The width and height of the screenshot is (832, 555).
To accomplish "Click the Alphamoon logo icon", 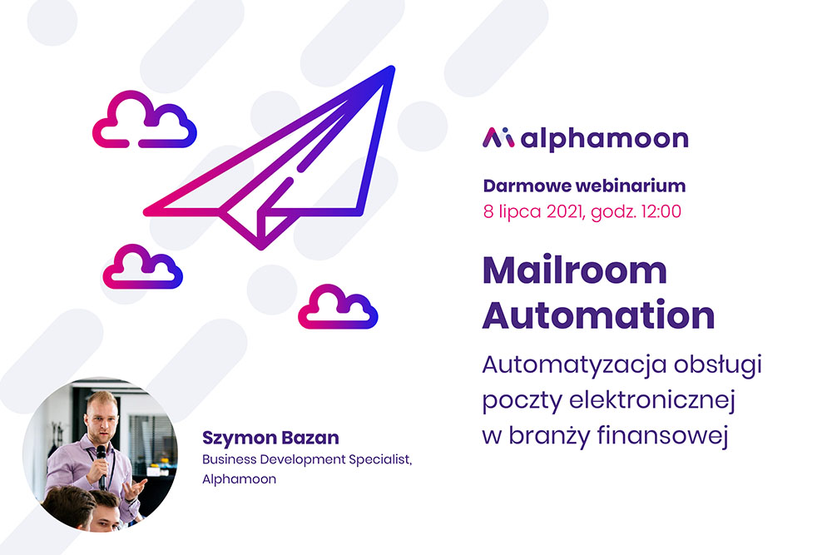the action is pos(498,137).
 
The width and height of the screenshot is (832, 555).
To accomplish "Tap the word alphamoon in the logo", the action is pos(604,139).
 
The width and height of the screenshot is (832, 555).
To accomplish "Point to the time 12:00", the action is pos(661,211).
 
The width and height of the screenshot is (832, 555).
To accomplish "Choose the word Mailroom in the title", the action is pos(575,270).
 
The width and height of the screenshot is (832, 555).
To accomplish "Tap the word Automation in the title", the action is pos(598,315).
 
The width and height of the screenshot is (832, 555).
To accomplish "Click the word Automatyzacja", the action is pos(574,365).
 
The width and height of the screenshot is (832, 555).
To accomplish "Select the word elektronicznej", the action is pos(652,400).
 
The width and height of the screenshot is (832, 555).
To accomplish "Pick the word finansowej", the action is pos(663,435).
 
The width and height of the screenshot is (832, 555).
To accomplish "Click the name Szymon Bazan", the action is pos(270,438).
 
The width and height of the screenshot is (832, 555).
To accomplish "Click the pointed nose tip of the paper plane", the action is pos(392,68).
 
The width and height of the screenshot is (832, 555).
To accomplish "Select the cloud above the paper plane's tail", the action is pos(144,119).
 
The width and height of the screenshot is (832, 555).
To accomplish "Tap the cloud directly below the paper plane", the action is pos(338,307).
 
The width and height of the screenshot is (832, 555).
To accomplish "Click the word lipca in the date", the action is pos(520,212).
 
